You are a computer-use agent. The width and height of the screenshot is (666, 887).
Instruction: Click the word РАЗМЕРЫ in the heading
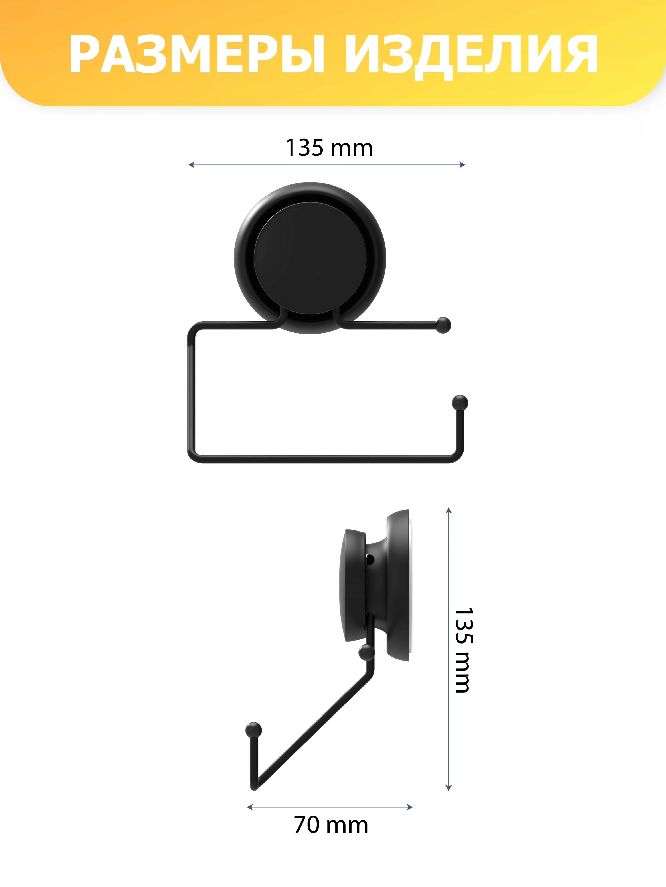[197, 55]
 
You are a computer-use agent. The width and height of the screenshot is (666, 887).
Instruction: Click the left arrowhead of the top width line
[191, 165]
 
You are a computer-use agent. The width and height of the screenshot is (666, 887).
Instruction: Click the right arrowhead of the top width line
[462, 165]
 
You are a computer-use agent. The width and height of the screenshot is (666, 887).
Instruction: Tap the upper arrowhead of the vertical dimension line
[449, 510]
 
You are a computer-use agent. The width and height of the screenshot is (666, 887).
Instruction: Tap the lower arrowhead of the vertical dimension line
[449, 788]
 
